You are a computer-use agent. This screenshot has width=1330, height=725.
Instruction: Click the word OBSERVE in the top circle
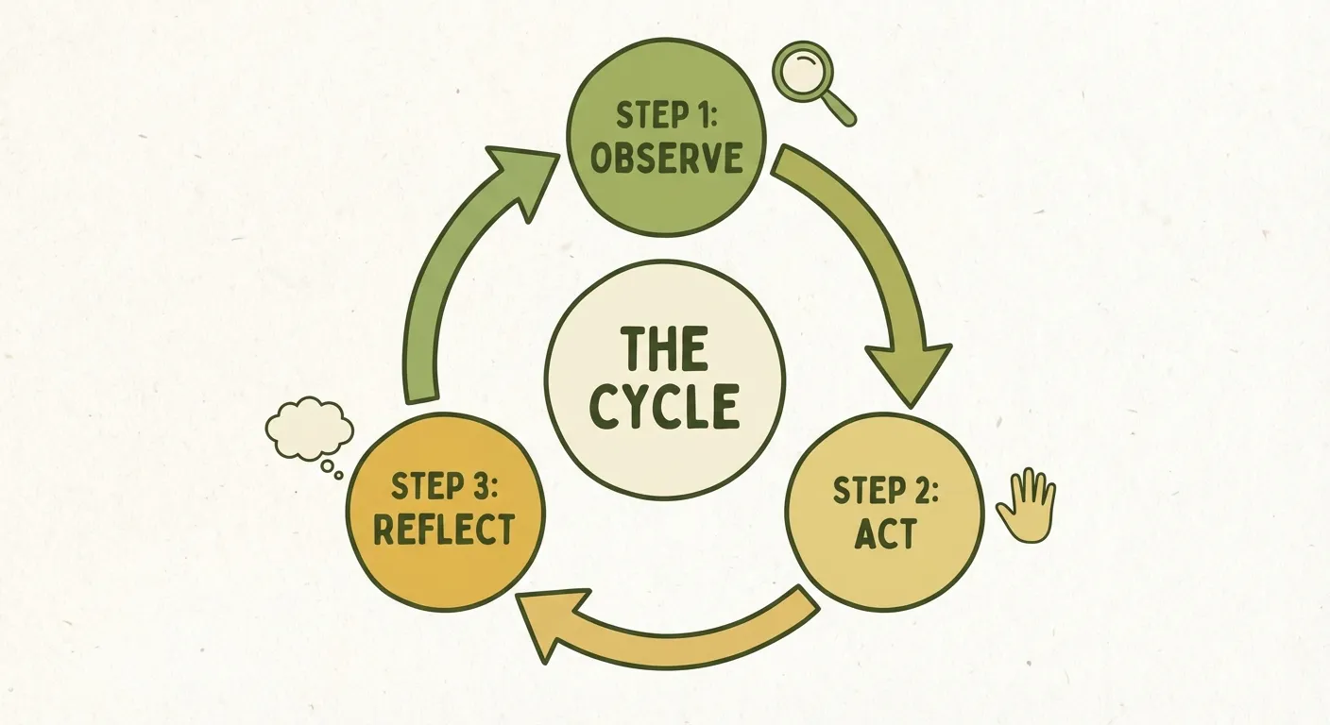pyautogui.click(x=666, y=158)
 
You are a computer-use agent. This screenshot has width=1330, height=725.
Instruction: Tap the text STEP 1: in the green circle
pyautogui.click(x=666, y=115)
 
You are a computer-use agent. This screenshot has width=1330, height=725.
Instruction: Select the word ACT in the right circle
pyautogui.click(x=884, y=534)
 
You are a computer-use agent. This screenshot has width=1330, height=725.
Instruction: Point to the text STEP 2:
pyautogui.click(x=884, y=492)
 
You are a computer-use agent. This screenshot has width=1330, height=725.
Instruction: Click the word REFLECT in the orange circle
pyautogui.click(x=444, y=529)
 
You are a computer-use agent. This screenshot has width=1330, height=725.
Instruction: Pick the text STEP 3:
pyautogui.click(x=444, y=487)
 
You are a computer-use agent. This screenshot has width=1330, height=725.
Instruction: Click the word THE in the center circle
pyautogui.click(x=664, y=350)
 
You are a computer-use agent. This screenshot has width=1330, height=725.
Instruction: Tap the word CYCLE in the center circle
pyautogui.click(x=664, y=407)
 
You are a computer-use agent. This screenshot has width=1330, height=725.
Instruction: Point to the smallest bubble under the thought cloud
pyautogui.click(x=339, y=475)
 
